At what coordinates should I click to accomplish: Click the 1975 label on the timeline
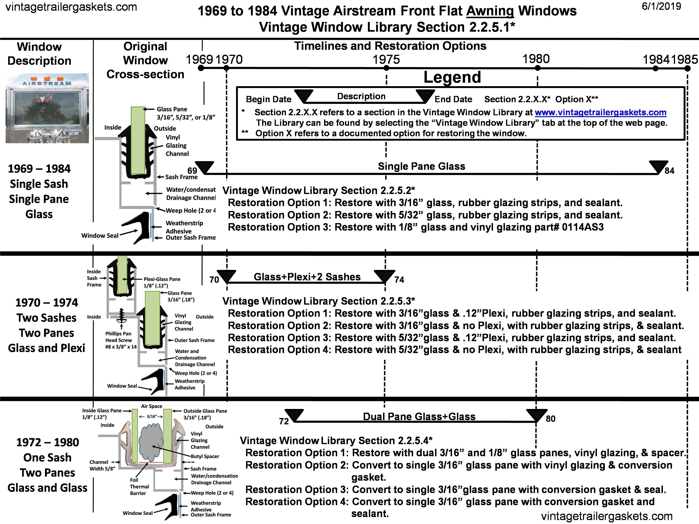click(x=386, y=59)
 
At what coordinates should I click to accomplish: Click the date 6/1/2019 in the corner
click(x=661, y=6)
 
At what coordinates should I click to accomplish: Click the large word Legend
click(x=452, y=77)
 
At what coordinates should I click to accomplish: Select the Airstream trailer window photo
click(x=47, y=108)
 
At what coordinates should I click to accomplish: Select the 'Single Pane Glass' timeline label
click(x=421, y=166)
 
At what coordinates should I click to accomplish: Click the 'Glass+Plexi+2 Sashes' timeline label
click(x=307, y=277)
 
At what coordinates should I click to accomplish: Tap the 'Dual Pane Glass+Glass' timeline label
click(x=419, y=416)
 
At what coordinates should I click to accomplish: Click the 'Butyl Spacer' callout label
click(x=205, y=456)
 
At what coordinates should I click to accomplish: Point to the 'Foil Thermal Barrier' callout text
click(x=138, y=487)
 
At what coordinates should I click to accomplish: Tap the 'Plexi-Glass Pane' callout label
click(x=162, y=279)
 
